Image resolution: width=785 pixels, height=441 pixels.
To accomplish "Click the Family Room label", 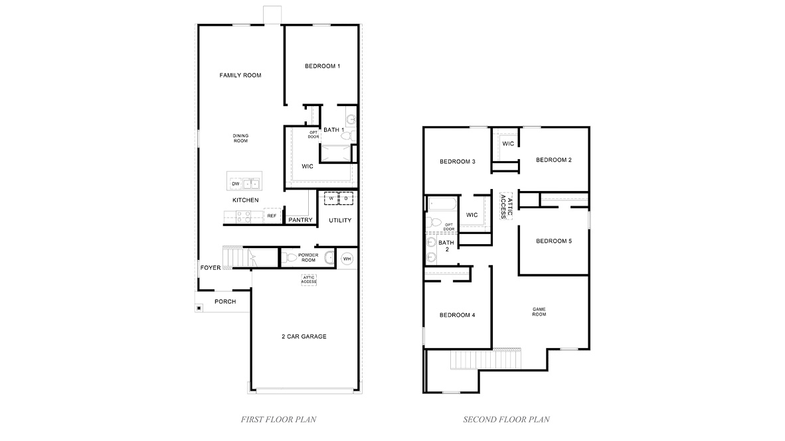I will pyautogui.click(x=240, y=76).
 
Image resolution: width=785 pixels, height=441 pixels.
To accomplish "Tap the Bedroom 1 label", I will pyautogui.click(x=323, y=66).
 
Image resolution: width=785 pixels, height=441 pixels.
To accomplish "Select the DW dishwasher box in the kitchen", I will pyautogui.click(x=235, y=184).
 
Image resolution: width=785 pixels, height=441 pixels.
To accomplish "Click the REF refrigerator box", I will pyautogui.click(x=271, y=216).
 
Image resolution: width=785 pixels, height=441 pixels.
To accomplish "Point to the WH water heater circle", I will pyautogui.click(x=347, y=259).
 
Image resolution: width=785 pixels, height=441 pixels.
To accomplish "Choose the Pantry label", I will pyautogui.click(x=300, y=220).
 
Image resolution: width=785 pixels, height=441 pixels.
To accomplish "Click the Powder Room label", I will pyautogui.click(x=308, y=257).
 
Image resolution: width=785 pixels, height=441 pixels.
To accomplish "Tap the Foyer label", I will pyautogui.click(x=210, y=269).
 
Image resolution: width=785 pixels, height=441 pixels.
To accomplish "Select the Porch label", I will pyautogui.click(x=224, y=302).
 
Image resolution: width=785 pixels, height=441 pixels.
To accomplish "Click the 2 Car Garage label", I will pyautogui.click(x=304, y=337).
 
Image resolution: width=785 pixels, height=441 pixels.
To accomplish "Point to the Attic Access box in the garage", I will pyautogui.click(x=309, y=280).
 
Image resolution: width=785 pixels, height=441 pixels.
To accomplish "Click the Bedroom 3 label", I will pyautogui.click(x=458, y=162).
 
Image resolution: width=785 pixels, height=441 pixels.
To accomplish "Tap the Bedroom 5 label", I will pyautogui.click(x=554, y=241).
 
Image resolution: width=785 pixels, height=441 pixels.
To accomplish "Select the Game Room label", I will pyautogui.click(x=539, y=312).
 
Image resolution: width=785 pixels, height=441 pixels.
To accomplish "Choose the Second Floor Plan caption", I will pyautogui.click(x=506, y=419).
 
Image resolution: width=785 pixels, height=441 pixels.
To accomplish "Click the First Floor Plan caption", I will pyautogui.click(x=278, y=419).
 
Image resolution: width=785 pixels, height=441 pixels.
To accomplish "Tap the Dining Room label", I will pyautogui.click(x=240, y=138).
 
